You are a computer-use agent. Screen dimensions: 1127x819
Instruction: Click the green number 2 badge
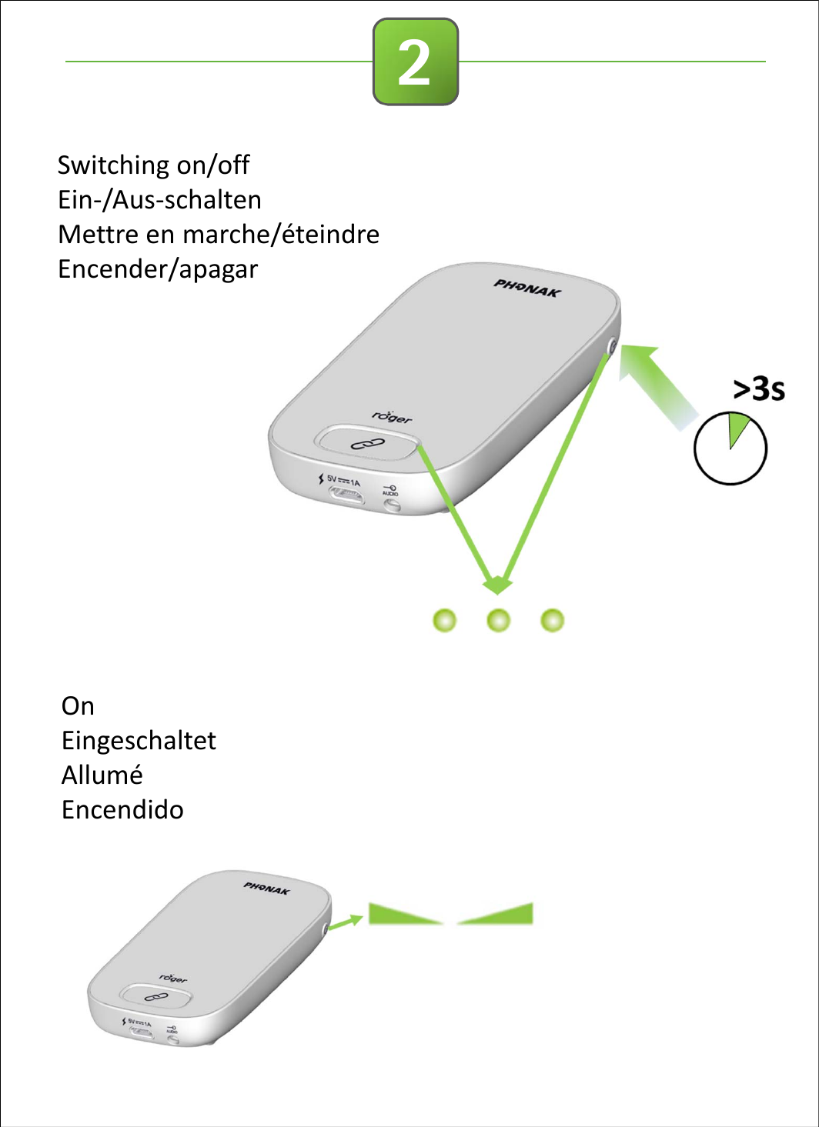point(416,62)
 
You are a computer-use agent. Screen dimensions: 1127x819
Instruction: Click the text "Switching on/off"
point(153,165)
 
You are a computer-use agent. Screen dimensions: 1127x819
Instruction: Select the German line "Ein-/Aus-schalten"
point(159,200)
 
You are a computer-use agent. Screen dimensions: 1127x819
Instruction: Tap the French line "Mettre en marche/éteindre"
point(219,234)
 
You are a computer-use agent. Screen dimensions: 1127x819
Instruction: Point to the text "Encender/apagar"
point(158,269)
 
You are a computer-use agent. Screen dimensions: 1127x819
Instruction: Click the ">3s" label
point(758,389)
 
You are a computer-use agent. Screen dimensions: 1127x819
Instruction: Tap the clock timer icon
point(730,449)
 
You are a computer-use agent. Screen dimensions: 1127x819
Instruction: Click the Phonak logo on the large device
point(527,288)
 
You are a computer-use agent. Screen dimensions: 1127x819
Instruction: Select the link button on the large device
point(367,444)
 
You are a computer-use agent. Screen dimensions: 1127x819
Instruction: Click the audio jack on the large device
point(392,505)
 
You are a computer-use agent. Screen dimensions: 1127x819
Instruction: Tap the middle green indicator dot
point(499,620)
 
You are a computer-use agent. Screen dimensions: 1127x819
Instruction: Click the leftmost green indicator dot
point(445,620)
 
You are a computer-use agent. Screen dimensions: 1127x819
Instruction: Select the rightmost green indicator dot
point(553,620)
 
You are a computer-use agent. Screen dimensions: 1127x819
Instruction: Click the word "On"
point(78,706)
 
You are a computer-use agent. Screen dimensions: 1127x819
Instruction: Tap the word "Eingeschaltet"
point(139,741)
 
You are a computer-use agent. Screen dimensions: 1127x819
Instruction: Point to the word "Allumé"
point(102,775)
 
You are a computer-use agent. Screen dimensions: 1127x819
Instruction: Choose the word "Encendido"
point(122,810)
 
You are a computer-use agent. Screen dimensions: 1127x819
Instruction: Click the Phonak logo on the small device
point(266,889)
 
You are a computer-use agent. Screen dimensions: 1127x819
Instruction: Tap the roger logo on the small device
point(173,978)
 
